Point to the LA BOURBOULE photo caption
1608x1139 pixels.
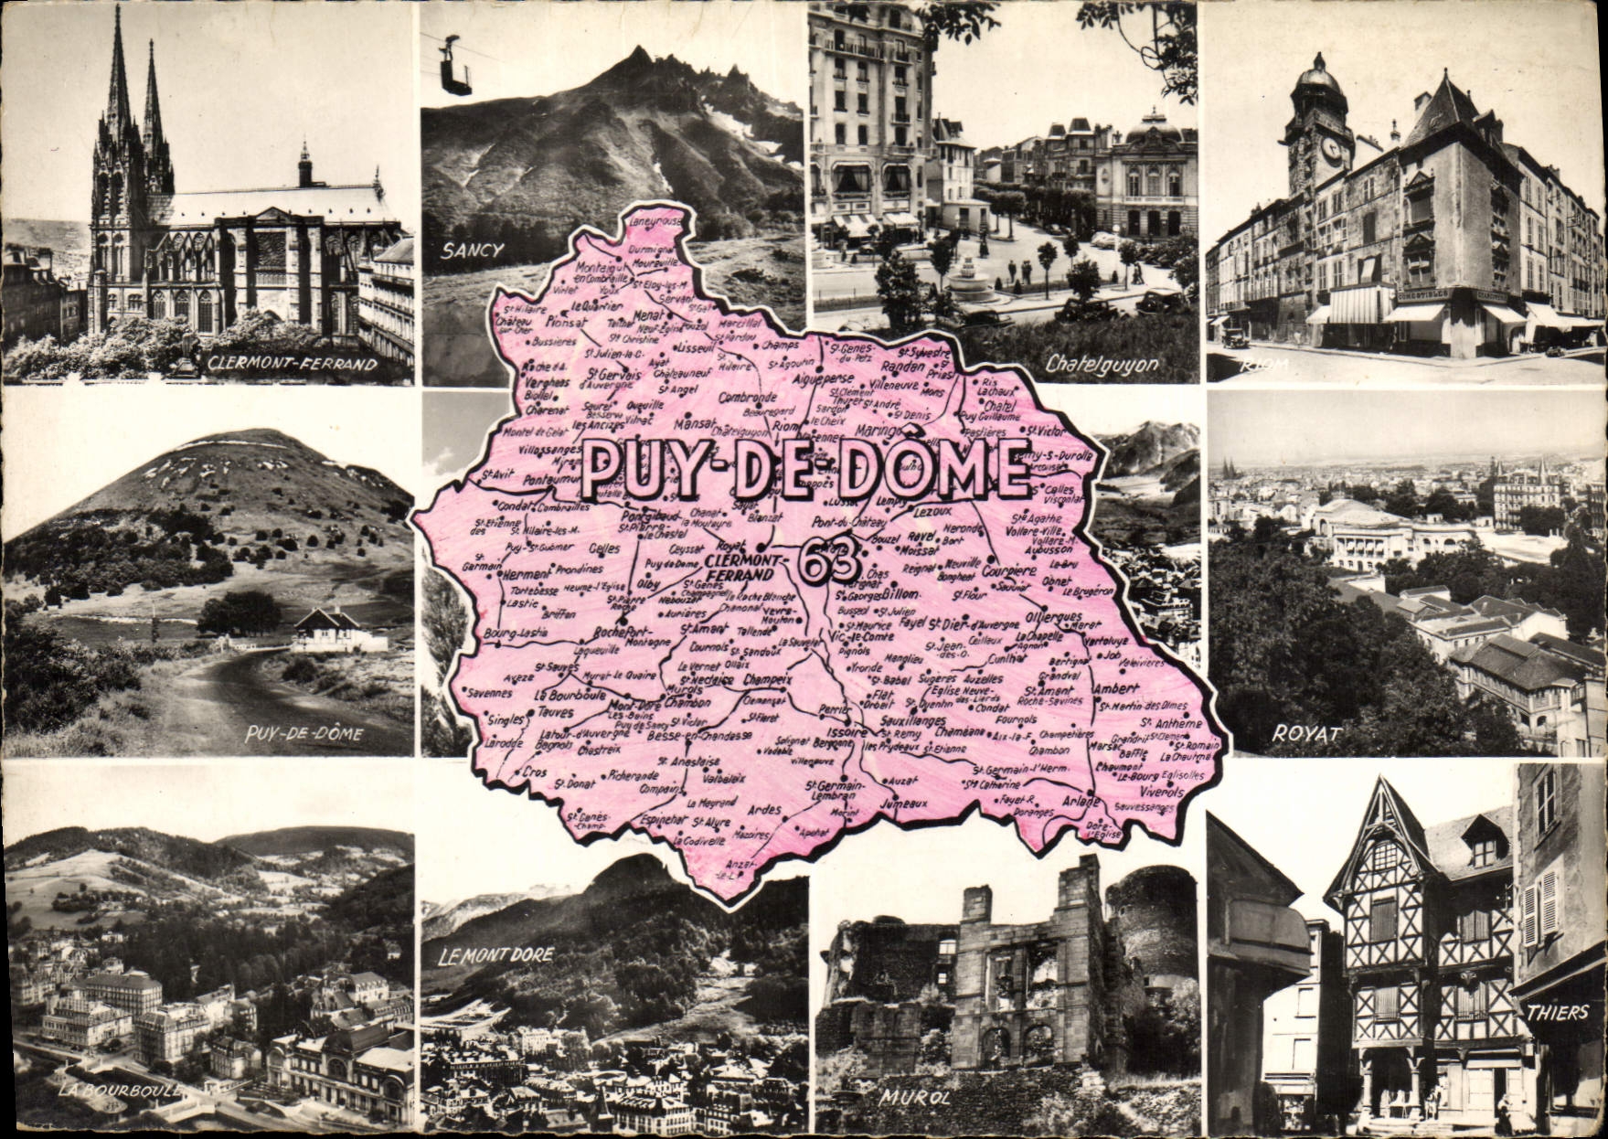point(120,1091)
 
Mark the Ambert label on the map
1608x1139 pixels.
point(1116,688)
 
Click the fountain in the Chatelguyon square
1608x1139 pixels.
point(970,280)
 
